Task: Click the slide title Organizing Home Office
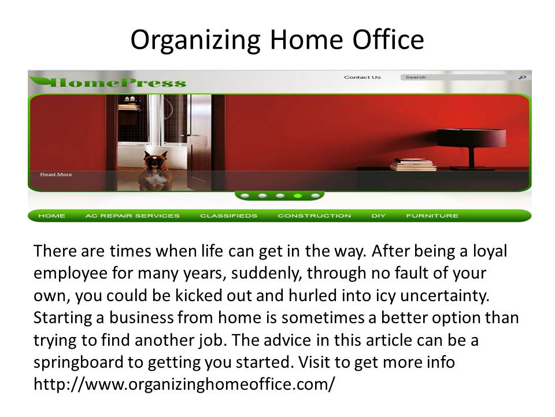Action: point(277,40)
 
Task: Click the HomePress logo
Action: point(108,82)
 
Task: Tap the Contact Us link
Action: point(362,77)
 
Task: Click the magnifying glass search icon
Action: point(523,77)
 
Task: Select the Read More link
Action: point(56,174)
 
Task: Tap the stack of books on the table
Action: point(413,164)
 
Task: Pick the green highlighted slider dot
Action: point(298,195)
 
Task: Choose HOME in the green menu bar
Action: point(51,215)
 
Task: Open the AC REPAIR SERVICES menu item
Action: point(132,215)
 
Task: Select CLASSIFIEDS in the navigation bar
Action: point(229,215)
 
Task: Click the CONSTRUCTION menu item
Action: point(314,215)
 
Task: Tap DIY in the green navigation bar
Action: point(378,215)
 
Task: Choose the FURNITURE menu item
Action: point(432,215)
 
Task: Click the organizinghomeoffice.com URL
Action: point(184,384)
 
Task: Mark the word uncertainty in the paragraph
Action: point(445,296)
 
